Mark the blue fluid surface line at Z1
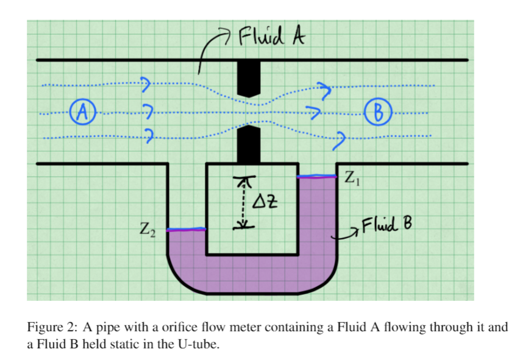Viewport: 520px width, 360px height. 316,177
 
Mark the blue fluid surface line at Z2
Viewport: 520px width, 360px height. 187,230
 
